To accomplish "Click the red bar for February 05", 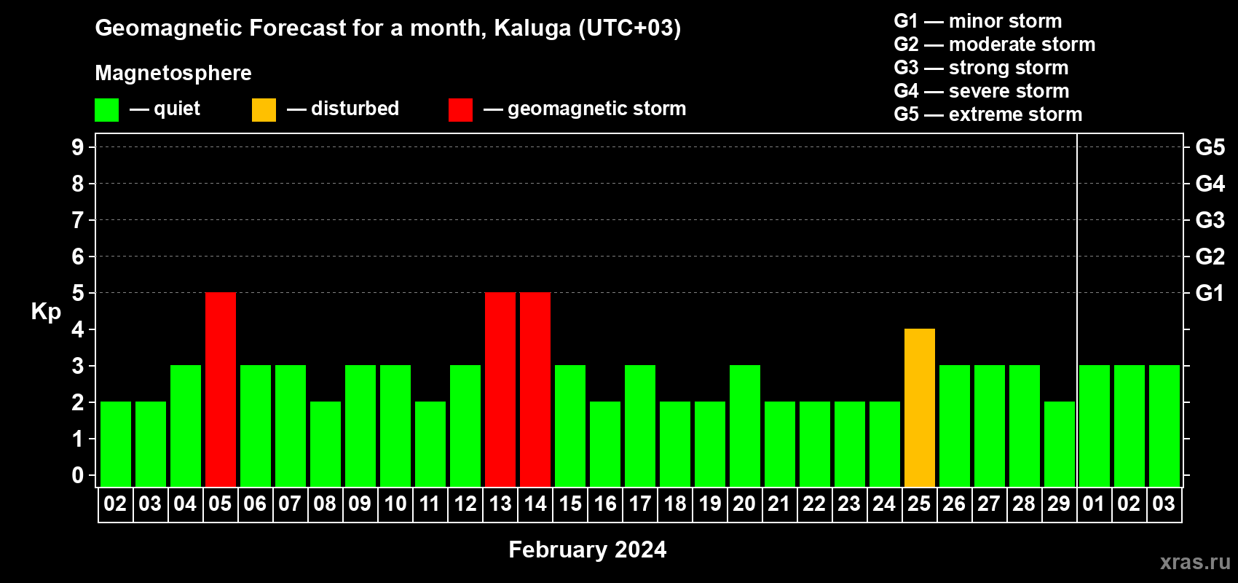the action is point(221,389).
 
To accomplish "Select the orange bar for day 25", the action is point(920,407).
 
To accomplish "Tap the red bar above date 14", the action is point(535,389).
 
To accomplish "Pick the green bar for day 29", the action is point(1060,444).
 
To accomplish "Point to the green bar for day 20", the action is point(745,426).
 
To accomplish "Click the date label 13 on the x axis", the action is point(500,504).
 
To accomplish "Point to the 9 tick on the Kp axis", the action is point(77,147).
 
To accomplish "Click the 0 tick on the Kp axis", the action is point(77,475).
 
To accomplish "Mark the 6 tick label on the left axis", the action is point(77,257).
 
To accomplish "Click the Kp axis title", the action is point(46,312).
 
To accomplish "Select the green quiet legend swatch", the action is point(106,109).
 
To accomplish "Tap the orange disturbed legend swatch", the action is point(264,109).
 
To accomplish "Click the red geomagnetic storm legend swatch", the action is point(461,109).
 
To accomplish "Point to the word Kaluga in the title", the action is point(532,28).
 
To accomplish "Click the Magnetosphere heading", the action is point(173,73).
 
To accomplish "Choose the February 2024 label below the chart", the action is point(588,549).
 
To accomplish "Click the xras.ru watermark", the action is point(1195,562).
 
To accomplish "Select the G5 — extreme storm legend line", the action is point(988,114).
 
